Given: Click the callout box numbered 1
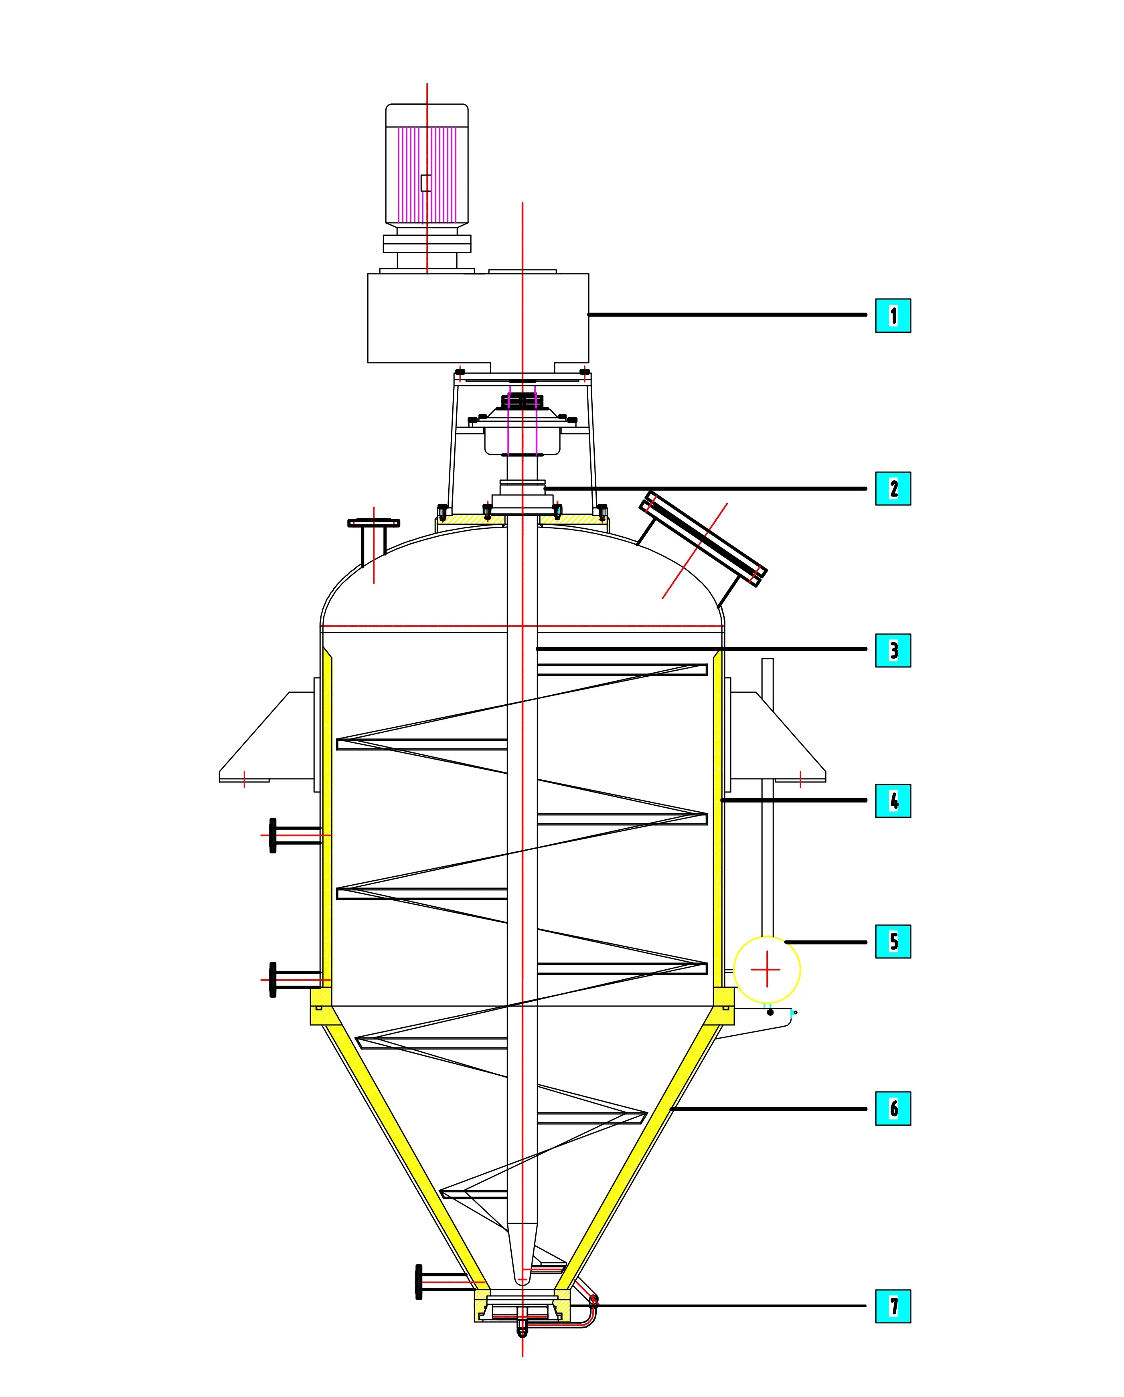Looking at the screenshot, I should point(893,315).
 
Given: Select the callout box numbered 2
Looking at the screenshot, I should point(893,489).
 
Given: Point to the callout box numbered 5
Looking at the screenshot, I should point(893,942).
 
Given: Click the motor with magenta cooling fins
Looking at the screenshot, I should point(427,165).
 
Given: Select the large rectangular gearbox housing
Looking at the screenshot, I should point(478,317).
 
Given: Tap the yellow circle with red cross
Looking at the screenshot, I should point(767,969).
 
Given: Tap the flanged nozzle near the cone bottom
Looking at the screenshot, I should point(441,1282).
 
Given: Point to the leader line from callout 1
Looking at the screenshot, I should point(726,314).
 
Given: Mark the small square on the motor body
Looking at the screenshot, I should point(426,183).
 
